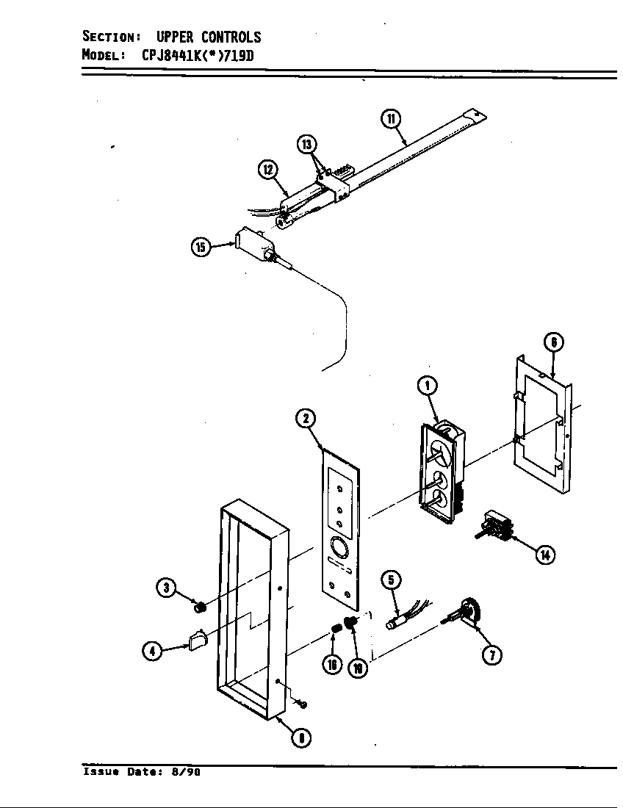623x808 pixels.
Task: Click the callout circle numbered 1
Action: pos(426,383)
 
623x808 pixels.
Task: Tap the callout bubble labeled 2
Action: pos(305,419)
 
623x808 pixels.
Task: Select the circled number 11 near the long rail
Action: pos(391,118)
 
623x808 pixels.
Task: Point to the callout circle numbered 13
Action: pos(307,144)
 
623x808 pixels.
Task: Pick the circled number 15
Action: pos(200,248)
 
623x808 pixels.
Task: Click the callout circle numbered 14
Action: pos(544,555)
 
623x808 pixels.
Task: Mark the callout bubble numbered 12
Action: pos(267,170)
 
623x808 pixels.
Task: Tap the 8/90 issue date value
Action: pos(187,772)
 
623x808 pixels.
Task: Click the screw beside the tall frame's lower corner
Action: pos(302,704)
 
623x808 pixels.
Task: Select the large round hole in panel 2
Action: pos(339,547)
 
